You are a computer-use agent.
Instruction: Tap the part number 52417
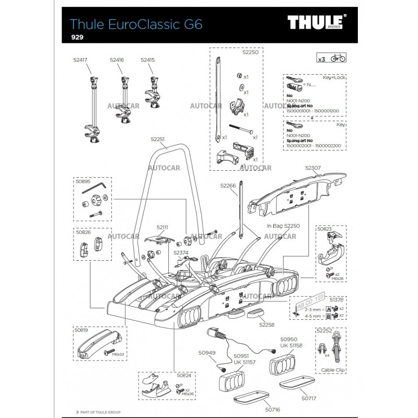[80, 60]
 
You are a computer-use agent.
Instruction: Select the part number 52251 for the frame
[158, 140]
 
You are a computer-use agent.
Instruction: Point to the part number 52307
[313, 168]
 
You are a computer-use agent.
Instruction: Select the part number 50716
[273, 410]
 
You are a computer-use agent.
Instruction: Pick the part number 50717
[309, 398]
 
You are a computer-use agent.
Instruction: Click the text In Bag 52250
[283, 226]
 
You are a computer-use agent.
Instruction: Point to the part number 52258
[266, 324]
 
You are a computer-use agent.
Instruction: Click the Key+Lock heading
[334, 77]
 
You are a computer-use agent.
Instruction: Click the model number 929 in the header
[77, 37]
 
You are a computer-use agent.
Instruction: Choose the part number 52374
[181, 252]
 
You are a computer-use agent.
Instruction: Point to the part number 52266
[228, 185]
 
